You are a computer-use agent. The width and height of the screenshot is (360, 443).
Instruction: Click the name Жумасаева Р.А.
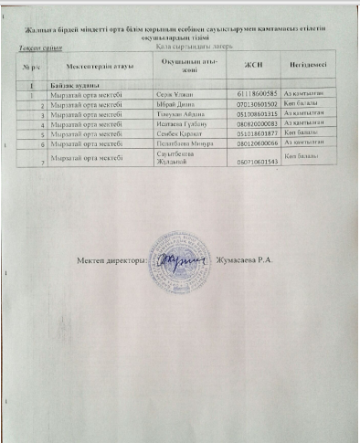(249, 261)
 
